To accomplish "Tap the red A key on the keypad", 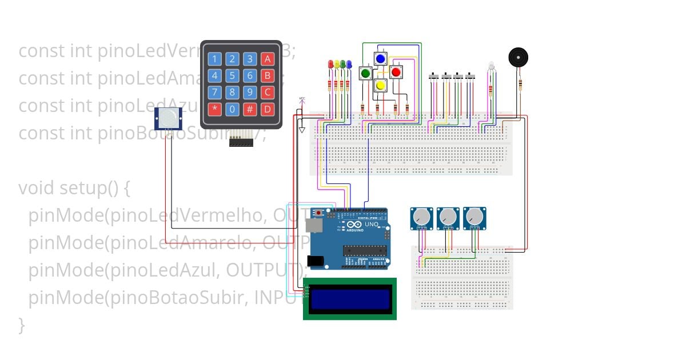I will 267,59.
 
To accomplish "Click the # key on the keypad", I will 250,109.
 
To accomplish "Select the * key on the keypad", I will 214,109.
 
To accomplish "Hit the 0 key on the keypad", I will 232,109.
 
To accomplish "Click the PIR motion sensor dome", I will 169,118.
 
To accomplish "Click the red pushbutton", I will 396,72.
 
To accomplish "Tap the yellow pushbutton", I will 380,85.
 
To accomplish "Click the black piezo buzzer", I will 518,57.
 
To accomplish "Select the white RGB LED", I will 490,67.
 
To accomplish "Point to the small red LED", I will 330,65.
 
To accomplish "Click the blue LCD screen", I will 349,299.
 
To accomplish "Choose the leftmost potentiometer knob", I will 421,217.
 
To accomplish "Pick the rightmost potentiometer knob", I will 474,217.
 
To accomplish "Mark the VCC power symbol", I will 302,100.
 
